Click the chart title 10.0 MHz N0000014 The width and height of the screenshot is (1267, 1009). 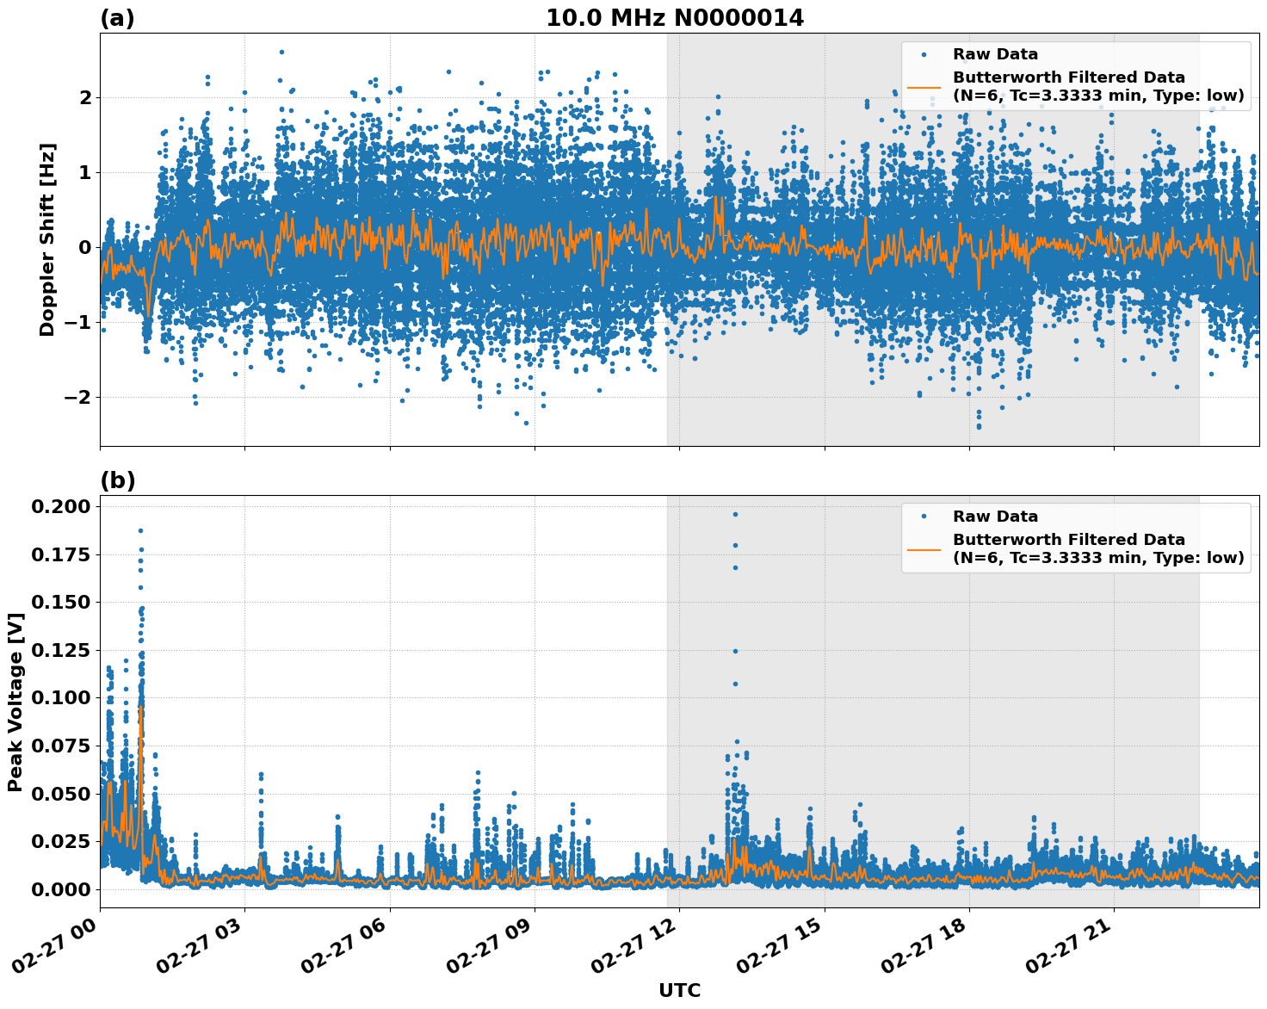[x=674, y=18]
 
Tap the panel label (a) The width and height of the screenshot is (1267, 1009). [x=117, y=18]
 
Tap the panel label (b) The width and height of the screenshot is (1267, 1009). [x=117, y=480]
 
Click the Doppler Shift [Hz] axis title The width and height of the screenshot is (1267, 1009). [x=47, y=239]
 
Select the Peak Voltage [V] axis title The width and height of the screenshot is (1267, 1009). [x=15, y=702]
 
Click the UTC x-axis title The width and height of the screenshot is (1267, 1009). [x=679, y=990]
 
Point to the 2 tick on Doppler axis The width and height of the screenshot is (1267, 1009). [x=85, y=98]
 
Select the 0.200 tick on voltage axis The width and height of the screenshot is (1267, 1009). [x=60, y=506]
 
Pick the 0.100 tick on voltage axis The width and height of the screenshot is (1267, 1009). [x=60, y=697]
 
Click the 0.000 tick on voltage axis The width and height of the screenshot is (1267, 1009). [x=60, y=888]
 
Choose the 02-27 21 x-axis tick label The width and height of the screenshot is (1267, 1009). [x=1067, y=949]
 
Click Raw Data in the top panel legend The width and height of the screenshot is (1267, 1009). [x=995, y=54]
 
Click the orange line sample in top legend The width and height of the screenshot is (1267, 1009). [x=924, y=87]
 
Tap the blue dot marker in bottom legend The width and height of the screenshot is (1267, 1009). [x=924, y=517]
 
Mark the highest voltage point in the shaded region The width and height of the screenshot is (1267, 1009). [x=735, y=514]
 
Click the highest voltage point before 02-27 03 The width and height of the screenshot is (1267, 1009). [x=140, y=530]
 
